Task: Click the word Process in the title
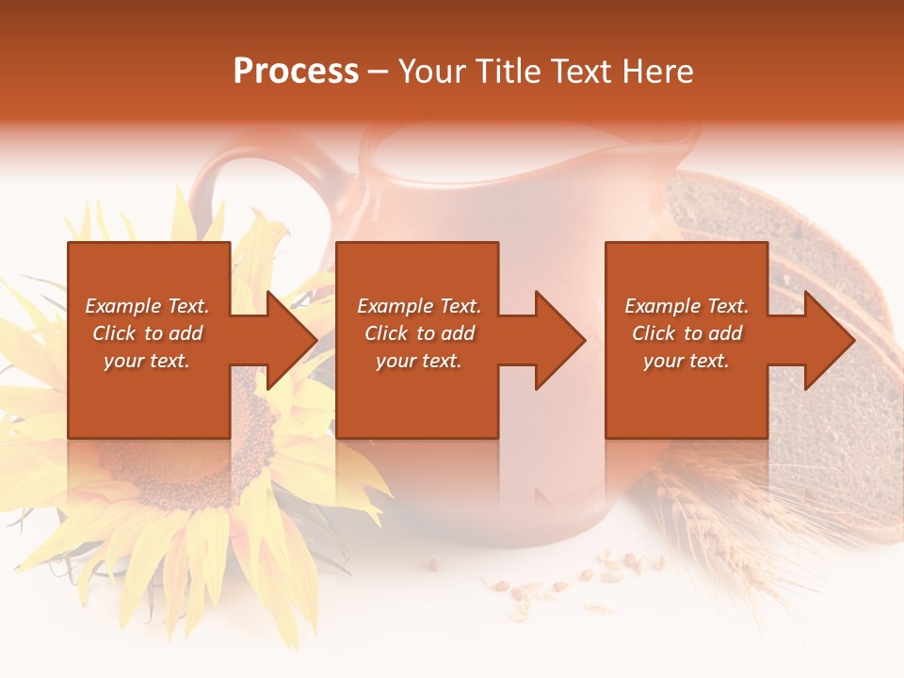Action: coord(296,72)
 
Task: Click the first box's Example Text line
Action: coord(147,306)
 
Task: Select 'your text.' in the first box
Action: coord(147,361)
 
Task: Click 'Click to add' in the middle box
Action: coord(419,333)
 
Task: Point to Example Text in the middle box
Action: coord(419,306)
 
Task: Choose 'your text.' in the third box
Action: coord(686,361)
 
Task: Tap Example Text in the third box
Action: coord(686,306)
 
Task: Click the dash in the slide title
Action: coord(378,72)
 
